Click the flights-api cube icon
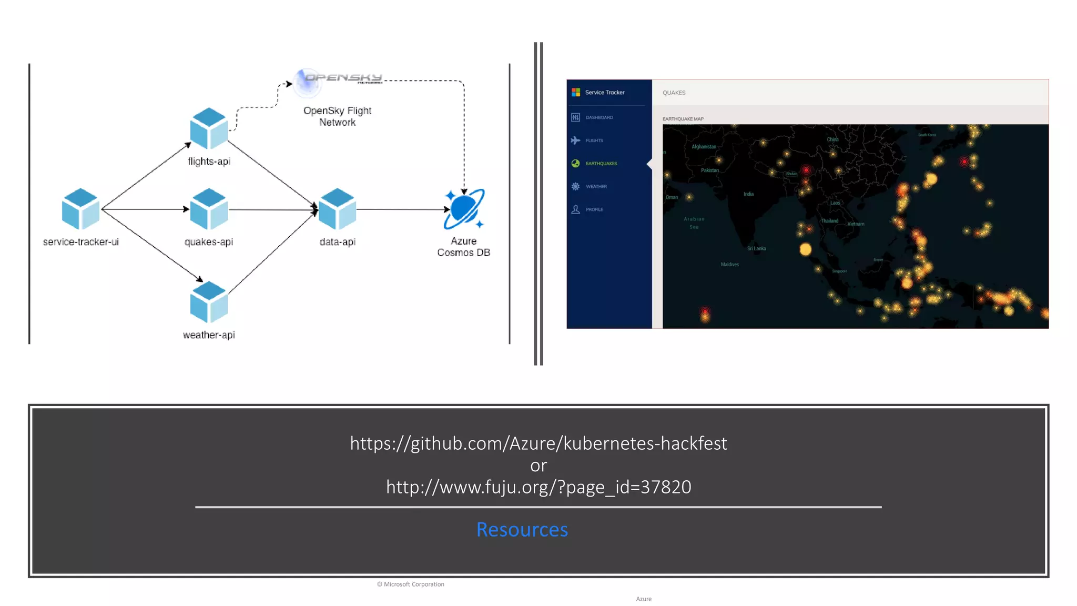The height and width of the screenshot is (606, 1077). (209, 128)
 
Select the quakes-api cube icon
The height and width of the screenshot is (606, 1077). (209, 209)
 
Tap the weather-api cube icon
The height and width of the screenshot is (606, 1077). (209, 302)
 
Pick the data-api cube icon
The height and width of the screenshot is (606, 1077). (337, 209)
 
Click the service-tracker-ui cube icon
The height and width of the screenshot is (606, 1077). (80, 209)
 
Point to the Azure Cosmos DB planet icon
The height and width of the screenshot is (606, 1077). (464, 209)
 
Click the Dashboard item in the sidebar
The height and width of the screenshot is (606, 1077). (599, 117)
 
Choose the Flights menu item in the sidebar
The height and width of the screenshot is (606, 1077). (594, 140)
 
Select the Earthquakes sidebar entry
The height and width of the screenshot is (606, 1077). (601, 164)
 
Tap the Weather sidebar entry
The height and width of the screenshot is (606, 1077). (596, 187)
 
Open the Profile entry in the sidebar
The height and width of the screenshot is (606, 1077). (594, 209)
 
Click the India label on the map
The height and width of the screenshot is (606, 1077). (748, 194)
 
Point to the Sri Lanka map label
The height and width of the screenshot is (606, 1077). (756, 248)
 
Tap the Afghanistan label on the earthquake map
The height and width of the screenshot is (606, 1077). (704, 147)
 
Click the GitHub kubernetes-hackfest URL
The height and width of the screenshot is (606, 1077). (538, 443)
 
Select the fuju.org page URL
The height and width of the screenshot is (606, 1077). (538, 487)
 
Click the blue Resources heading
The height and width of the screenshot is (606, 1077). (522, 530)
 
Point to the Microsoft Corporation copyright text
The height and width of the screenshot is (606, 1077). (411, 584)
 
